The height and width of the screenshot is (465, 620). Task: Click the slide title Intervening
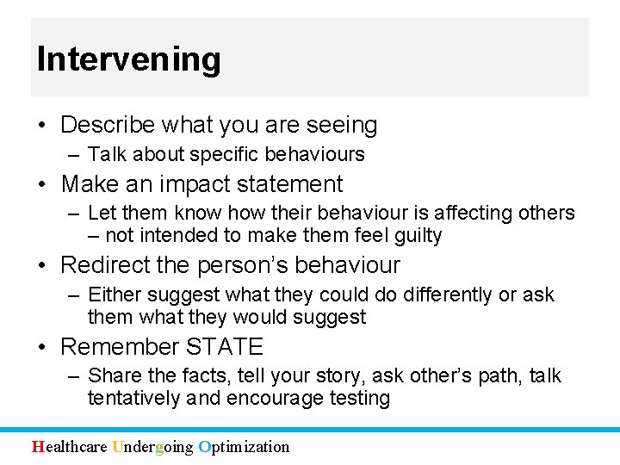(128, 59)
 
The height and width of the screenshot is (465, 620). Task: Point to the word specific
(225, 155)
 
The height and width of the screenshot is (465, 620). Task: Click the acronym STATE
(224, 347)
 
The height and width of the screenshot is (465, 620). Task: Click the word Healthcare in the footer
(70, 446)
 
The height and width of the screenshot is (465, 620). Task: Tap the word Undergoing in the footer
(152, 446)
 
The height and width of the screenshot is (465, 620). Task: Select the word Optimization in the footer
(244, 446)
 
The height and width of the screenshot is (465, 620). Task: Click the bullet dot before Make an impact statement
(43, 185)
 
